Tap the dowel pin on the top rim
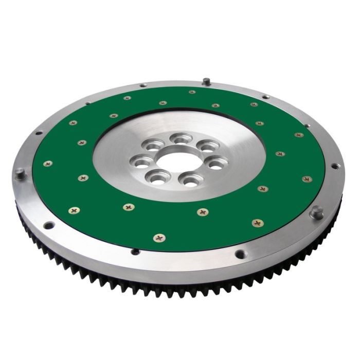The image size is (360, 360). coord(206,81)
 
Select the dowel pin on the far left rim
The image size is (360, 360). coord(20,174)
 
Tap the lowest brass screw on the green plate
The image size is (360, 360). coord(160,238)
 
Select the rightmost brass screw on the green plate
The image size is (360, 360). coord(307,179)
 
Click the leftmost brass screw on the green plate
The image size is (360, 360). coord(48,164)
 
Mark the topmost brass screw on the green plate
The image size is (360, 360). coord(192,92)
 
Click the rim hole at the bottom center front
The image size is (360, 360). coord(135,251)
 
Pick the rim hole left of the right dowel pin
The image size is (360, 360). coord(240,254)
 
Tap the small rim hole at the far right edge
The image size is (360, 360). coord(335,166)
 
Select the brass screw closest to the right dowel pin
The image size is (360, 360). coord(257,223)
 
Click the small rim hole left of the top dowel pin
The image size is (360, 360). coord(143,85)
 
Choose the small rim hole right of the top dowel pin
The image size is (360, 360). coord(265,97)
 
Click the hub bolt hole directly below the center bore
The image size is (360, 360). coord(190,181)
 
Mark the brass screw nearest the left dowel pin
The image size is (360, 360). coord(48,164)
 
